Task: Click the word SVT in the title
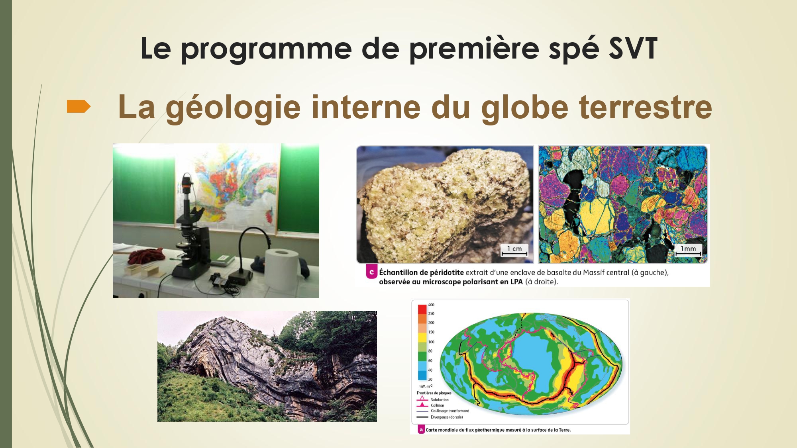(x=633, y=49)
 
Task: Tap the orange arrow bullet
(x=79, y=106)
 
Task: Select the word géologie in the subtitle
(x=233, y=108)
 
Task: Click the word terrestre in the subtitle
(x=645, y=107)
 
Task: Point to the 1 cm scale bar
(x=514, y=250)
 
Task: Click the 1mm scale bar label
(x=688, y=248)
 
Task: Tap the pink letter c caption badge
(x=371, y=272)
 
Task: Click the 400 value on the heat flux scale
(x=431, y=305)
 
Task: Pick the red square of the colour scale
(x=422, y=309)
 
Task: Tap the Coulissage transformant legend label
(x=450, y=411)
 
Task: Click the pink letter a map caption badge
(x=421, y=430)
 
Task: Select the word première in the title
(x=474, y=49)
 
